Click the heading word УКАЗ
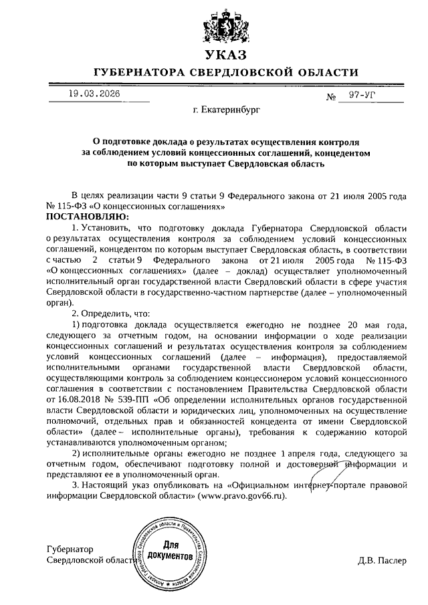(226, 54)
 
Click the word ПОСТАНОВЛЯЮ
(81, 217)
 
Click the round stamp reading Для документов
(169, 553)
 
